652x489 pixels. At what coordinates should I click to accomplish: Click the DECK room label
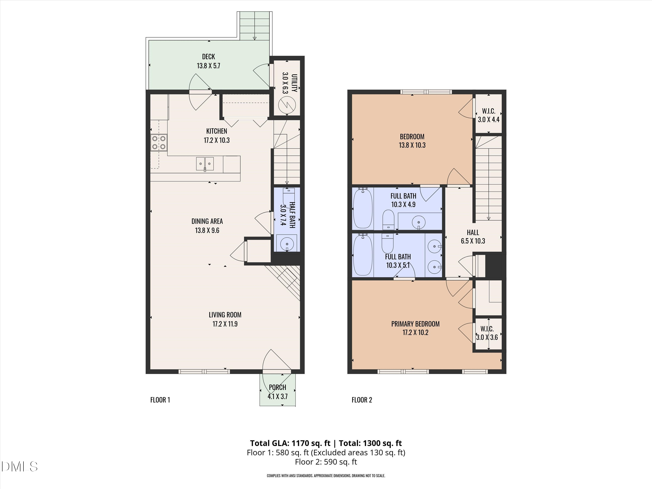(x=208, y=57)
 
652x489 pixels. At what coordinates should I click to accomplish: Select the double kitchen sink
(x=205, y=164)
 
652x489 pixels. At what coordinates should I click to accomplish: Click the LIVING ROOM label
(x=225, y=315)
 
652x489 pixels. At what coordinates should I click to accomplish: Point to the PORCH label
(x=277, y=387)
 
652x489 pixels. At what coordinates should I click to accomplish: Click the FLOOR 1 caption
(x=160, y=400)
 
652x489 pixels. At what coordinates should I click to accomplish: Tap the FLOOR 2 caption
(x=362, y=400)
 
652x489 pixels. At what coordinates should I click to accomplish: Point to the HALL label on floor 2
(x=473, y=233)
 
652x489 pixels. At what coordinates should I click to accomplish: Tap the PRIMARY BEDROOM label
(x=415, y=324)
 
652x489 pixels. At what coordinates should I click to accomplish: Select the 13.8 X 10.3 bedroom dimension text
(x=412, y=145)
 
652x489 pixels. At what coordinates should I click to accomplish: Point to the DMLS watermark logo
(x=19, y=467)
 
